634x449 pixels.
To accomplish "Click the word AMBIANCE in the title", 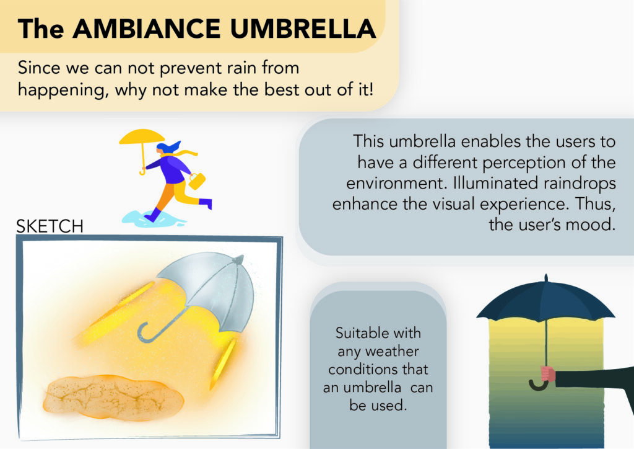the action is (146, 29).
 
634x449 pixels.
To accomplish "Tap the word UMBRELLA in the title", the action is (303, 29).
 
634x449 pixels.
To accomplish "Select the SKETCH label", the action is (50, 226).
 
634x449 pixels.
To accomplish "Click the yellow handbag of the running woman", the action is (197, 181).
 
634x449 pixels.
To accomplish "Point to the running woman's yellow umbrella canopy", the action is (142, 136).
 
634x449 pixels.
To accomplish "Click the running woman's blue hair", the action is (168, 148).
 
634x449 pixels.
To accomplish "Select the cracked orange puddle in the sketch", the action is (113, 397).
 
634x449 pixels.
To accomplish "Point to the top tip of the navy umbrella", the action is (546, 275).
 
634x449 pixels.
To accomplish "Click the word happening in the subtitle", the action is (63, 90).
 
